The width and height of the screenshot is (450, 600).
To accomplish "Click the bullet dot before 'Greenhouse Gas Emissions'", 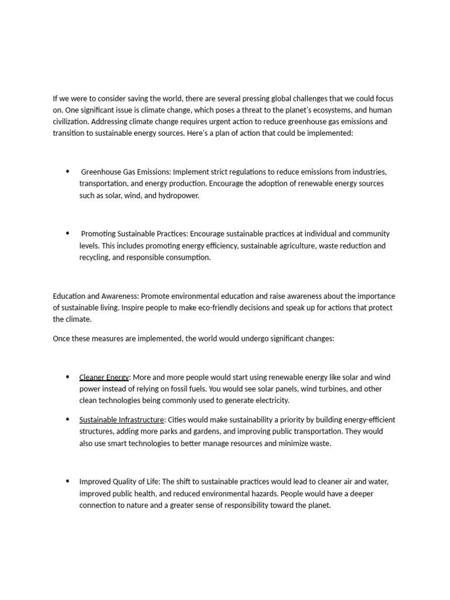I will (68, 171).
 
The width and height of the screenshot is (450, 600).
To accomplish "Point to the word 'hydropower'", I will (178, 196).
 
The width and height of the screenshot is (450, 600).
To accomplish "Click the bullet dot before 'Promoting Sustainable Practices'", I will (68, 233).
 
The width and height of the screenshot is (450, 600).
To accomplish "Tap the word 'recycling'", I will (94, 258).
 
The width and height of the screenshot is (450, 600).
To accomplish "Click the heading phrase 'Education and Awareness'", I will (96, 296).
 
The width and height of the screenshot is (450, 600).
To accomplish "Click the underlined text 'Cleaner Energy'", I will (104, 377).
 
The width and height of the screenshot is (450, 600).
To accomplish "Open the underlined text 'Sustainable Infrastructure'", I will (121, 420).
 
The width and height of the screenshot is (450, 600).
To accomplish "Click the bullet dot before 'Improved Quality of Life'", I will (68, 481).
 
